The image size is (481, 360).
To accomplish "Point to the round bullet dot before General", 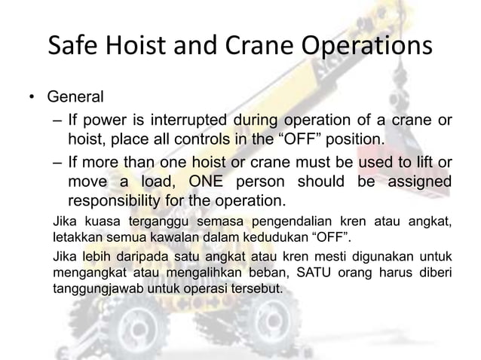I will tap(32, 99).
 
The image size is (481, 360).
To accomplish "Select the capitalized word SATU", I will tap(304, 272).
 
